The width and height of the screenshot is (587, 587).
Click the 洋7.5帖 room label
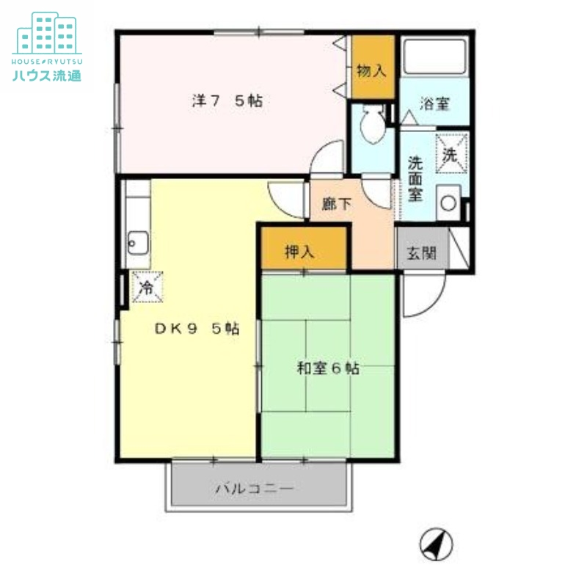point(227,101)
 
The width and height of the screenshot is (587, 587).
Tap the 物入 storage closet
point(371,69)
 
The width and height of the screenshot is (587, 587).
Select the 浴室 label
point(434,104)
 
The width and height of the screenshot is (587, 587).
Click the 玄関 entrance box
point(421,254)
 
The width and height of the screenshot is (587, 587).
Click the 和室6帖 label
point(327,369)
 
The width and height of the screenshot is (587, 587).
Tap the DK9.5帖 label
point(197,329)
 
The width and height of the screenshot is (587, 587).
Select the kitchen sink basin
point(136,241)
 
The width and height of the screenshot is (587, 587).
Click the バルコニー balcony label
point(255,488)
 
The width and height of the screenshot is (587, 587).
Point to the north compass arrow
point(436,544)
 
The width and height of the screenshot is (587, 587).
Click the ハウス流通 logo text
point(46,76)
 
